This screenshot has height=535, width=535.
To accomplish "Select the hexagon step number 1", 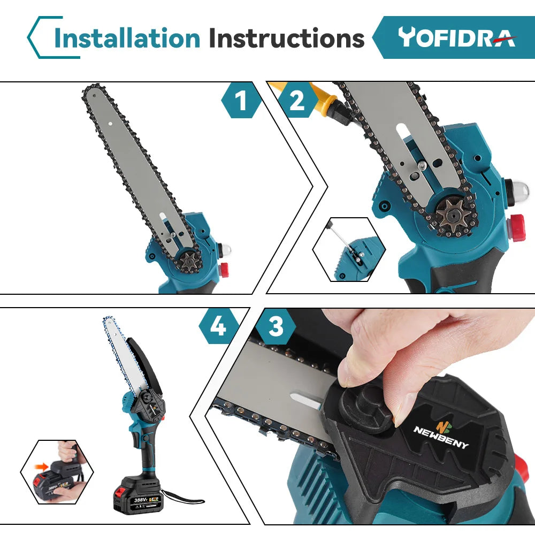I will (x=242, y=101).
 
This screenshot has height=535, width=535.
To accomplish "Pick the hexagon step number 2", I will (x=297, y=101).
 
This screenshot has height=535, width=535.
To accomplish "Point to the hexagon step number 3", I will (x=276, y=326).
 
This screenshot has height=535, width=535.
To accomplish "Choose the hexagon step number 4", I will (x=218, y=326).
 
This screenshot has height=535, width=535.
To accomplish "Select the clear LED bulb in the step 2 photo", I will (x=519, y=189).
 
